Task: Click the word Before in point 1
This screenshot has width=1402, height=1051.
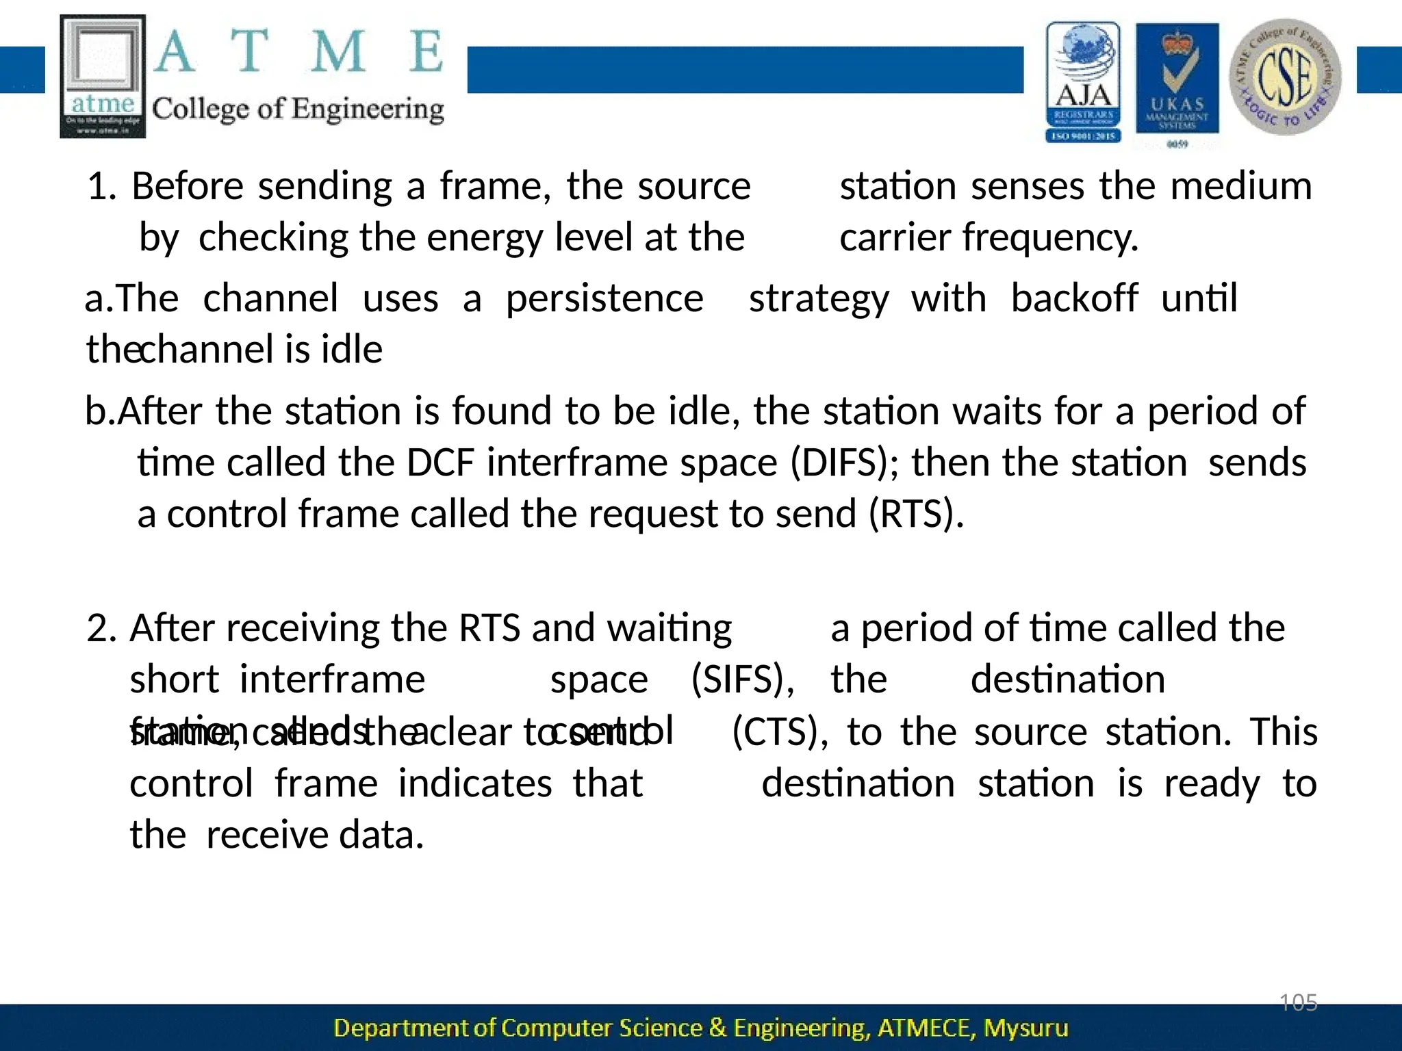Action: click(187, 186)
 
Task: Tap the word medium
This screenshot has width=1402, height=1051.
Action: click(1240, 186)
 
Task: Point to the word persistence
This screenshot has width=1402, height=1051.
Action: click(604, 298)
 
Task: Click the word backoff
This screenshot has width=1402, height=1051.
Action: click(1074, 298)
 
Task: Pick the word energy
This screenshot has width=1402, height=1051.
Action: click(485, 238)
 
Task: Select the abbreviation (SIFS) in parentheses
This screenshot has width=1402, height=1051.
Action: click(743, 679)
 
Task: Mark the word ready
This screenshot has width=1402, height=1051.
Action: click(1212, 783)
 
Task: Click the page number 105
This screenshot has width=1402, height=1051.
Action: click(1299, 1003)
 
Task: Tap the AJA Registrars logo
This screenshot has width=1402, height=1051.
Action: click(1083, 82)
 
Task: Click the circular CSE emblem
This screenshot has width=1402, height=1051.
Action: click(1285, 77)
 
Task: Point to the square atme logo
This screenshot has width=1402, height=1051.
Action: click(103, 77)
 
